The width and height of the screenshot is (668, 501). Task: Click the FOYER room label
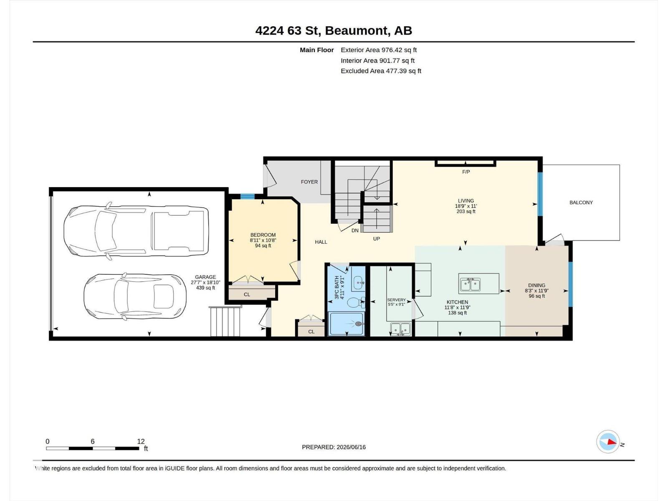pyautogui.click(x=309, y=182)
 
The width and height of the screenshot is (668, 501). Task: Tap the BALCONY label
pyautogui.click(x=581, y=202)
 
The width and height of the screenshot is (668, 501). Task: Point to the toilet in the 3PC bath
pyautogui.click(x=355, y=303)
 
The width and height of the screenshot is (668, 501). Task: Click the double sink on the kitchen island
pyautogui.click(x=470, y=285)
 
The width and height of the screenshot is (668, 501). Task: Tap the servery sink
pyautogui.click(x=400, y=329)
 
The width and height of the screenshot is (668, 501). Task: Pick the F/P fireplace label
pyautogui.click(x=466, y=172)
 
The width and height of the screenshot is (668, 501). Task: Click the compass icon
pyautogui.click(x=608, y=442)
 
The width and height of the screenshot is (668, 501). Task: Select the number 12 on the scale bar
pyautogui.click(x=141, y=441)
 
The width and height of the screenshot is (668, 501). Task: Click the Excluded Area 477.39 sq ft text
pyautogui.click(x=381, y=71)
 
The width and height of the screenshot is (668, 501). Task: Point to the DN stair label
pyautogui.click(x=355, y=230)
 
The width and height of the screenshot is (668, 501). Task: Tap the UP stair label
pyautogui.click(x=377, y=239)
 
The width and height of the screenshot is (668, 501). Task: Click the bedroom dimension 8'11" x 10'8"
pyautogui.click(x=263, y=240)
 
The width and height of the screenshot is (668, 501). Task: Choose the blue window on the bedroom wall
pyautogui.click(x=248, y=196)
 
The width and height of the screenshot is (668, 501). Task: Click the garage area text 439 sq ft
pyautogui.click(x=205, y=288)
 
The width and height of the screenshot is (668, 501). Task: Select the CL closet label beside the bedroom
pyautogui.click(x=247, y=294)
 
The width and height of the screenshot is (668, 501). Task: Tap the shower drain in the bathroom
pyautogui.click(x=359, y=324)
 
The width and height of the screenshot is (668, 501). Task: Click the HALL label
pyautogui.click(x=321, y=242)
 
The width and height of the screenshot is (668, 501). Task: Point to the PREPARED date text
pyautogui.click(x=334, y=447)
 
